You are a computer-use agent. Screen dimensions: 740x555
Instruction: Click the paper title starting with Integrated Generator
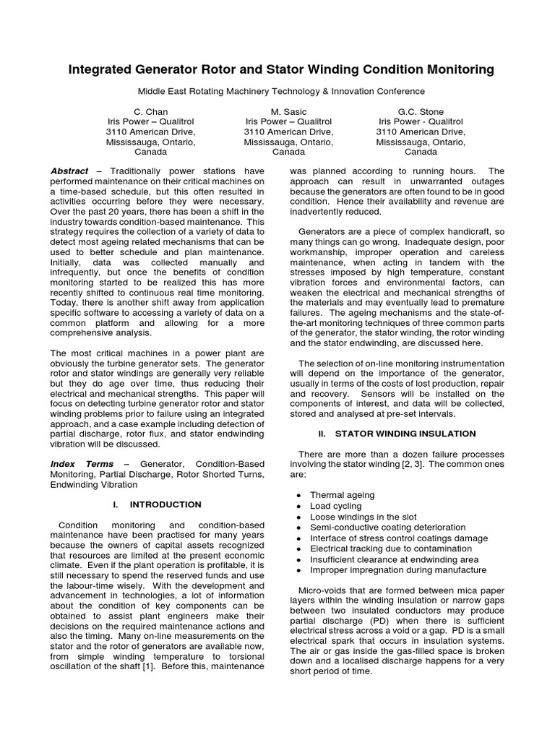pyautogui.click(x=281, y=70)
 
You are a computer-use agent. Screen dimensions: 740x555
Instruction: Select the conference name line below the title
pyautogui.click(x=281, y=91)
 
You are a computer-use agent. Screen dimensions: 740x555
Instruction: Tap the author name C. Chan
pyautogui.click(x=150, y=112)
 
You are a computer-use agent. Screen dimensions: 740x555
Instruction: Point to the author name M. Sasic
pyautogui.click(x=288, y=112)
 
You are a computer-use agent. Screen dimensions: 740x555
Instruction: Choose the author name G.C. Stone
pyautogui.click(x=421, y=112)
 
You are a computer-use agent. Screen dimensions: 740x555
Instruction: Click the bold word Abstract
pyautogui.click(x=69, y=171)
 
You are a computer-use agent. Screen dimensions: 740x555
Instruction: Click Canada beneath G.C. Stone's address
pyautogui.click(x=421, y=152)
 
